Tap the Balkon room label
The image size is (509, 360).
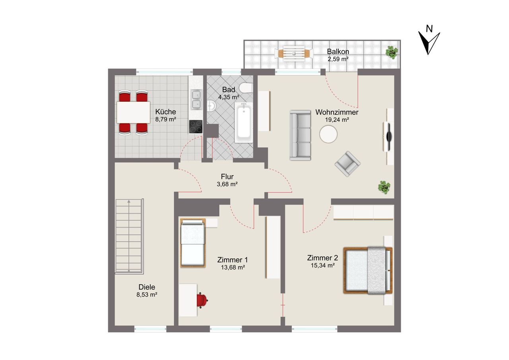338,52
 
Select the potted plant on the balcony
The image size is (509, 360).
392,53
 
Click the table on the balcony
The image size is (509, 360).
294,53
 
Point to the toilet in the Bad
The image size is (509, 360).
246,88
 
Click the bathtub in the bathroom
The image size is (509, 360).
244,123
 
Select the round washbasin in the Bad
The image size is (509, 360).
211,106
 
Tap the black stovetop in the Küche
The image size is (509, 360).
196,126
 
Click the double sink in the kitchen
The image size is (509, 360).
196,100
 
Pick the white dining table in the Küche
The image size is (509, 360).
133,112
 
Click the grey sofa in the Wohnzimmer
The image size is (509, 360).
300,136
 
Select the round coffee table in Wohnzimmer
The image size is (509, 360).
328,134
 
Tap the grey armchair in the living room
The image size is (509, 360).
348,163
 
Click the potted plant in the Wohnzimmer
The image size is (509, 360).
384,187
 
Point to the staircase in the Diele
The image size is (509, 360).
130,235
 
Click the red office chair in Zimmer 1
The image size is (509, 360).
202,300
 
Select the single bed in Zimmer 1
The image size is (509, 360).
193,243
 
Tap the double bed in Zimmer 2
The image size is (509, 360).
368,270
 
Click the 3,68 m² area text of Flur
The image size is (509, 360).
227,184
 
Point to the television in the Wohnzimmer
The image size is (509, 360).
389,136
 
